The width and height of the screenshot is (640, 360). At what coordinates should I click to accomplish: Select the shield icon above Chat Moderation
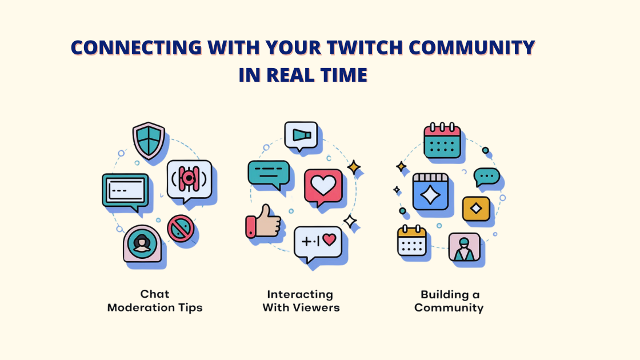[x=149, y=139]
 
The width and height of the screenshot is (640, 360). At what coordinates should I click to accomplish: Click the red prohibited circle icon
[x=181, y=228]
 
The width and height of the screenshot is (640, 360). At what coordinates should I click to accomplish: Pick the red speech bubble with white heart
[x=323, y=186]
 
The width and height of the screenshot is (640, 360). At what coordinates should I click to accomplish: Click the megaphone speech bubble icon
[x=301, y=136]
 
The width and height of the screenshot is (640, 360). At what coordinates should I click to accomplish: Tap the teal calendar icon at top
[x=442, y=141]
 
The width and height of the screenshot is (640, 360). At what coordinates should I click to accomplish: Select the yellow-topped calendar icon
[x=412, y=241]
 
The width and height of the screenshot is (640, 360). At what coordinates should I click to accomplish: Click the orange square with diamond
[x=476, y=209]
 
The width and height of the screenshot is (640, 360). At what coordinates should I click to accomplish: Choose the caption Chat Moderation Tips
[x=155, y=301]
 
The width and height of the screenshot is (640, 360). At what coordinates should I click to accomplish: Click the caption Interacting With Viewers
[x=301, y=301]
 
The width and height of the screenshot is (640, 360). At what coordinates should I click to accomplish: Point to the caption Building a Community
[x=449, y=301]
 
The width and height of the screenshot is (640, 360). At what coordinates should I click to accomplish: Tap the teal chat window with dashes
[x=125, y=190]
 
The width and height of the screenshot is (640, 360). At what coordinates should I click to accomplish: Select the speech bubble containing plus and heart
[x=318, y=242]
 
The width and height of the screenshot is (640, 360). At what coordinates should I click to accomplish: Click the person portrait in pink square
[x=464, y=247]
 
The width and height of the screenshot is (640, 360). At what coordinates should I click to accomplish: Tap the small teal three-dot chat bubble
[x=487, y=177]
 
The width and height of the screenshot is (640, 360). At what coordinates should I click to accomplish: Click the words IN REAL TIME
[x=303, y=75]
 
